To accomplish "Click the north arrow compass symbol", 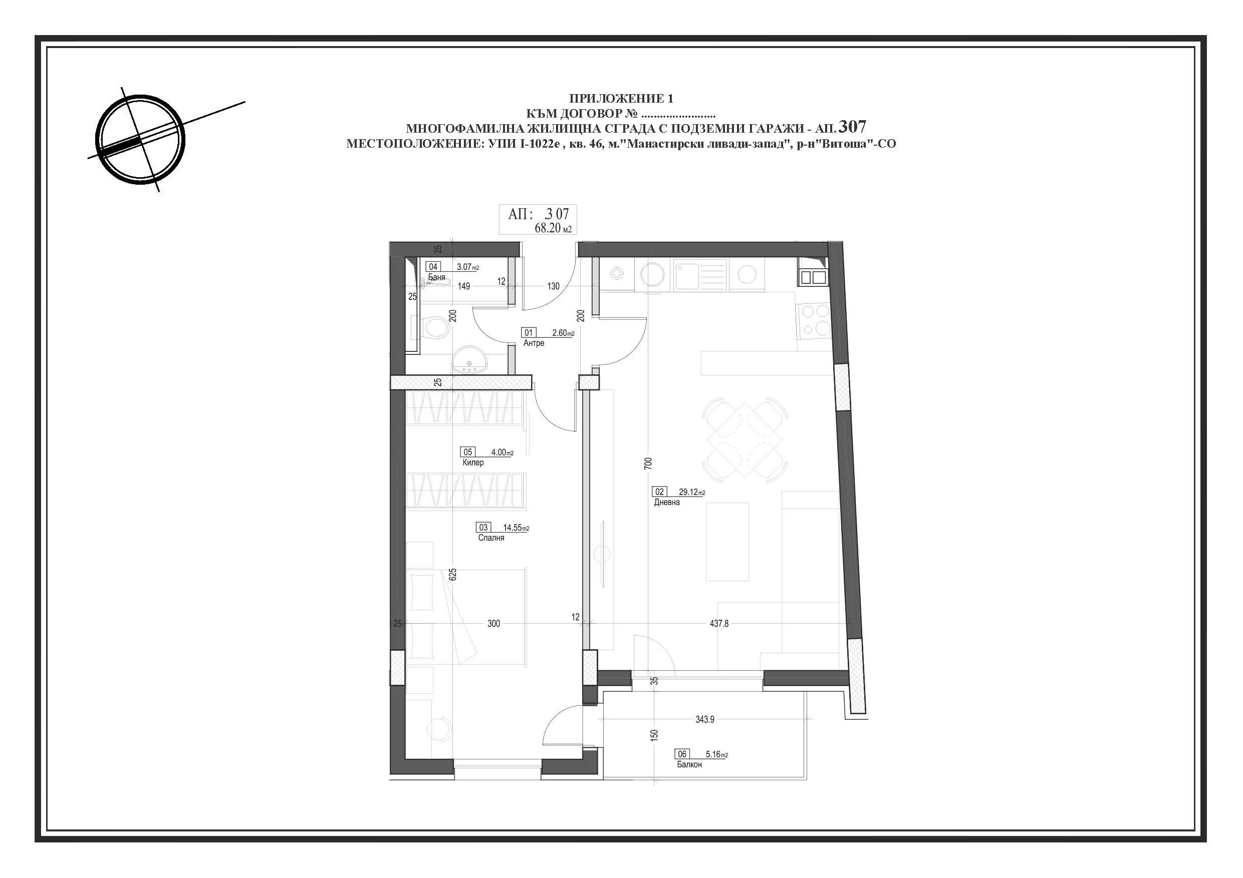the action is point(140,139).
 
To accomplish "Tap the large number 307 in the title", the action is point(852,127).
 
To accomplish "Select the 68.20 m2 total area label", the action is point(553,228).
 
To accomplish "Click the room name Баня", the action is point(436,277).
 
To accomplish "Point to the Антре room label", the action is point(534,343).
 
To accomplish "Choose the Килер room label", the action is point(473,463).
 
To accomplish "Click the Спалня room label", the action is point(491,538).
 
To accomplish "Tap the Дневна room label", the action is point(666,502).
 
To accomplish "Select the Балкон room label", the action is point(689,764).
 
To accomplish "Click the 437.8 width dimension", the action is point(719,624).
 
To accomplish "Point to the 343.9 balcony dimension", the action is point(705,719).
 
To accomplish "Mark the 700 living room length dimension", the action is point(649,463).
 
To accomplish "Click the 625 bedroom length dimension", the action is point(453,574).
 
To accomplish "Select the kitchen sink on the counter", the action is point(700,275).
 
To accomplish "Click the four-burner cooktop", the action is point(813,320).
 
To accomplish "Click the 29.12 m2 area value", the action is point(692,492).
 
